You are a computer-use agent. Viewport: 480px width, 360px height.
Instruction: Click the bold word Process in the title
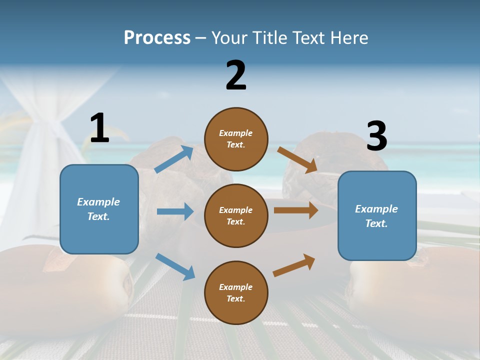pos(157,38)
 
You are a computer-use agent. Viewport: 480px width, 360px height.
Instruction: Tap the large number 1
pos(99,128)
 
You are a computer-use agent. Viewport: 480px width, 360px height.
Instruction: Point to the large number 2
pos(236,75)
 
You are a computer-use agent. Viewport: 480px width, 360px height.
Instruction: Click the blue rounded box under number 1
pos(99,209)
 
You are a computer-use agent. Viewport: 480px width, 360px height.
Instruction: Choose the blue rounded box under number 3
pos(377,215)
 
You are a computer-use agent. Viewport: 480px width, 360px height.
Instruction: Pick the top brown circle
pos(236,139)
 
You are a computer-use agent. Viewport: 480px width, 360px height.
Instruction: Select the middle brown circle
pos(236,215)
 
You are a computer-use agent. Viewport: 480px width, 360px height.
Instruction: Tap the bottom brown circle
pos(236,292)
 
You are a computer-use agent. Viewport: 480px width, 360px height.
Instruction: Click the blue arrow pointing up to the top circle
pos(174,159)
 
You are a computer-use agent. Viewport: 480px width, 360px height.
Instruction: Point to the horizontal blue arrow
pos(175,211)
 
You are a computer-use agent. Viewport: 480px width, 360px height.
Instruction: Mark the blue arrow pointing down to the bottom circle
pos(175,266)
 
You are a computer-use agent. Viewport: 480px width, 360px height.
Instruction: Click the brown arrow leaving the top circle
pos(297,159)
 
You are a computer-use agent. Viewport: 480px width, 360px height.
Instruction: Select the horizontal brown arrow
pos(296,210)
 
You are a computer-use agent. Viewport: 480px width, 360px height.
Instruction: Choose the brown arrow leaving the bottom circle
pos(294,265)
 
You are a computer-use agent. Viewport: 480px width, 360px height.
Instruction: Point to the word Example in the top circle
pos(236,133)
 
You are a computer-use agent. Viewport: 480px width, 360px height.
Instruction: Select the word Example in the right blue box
pos(376,209)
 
